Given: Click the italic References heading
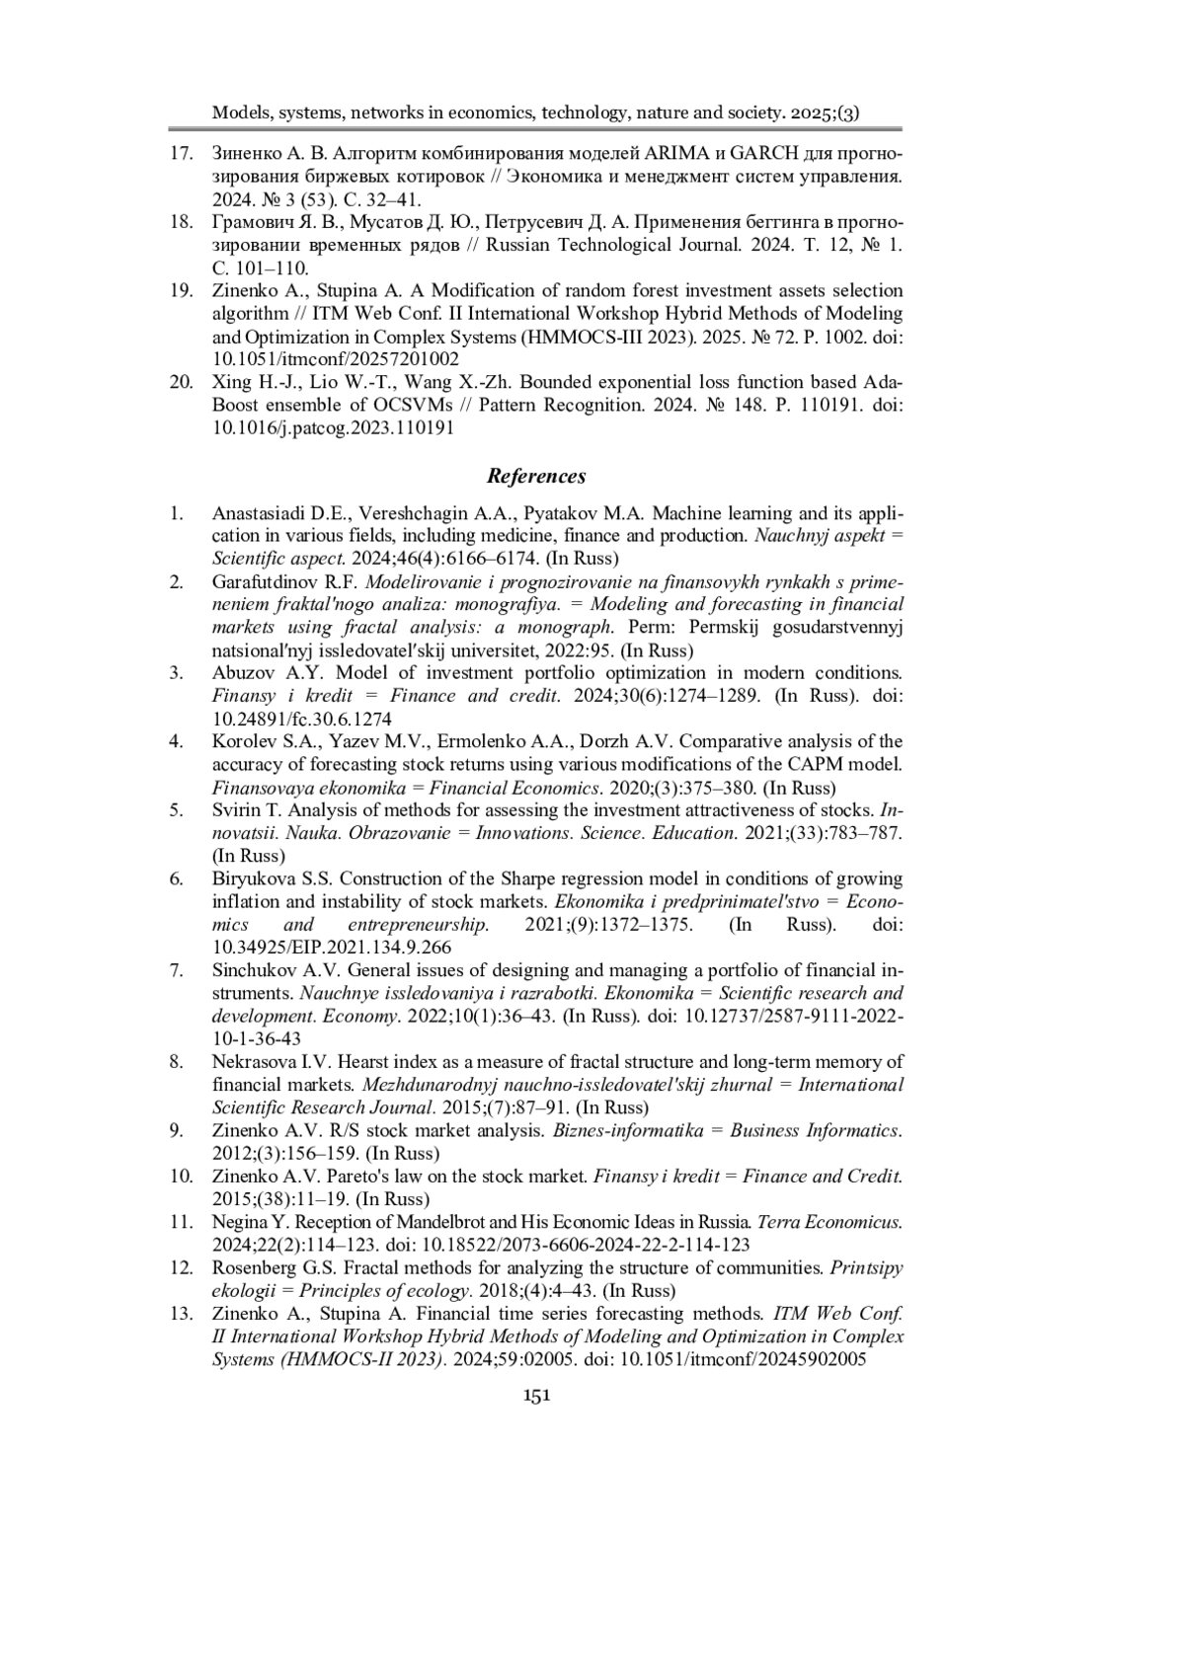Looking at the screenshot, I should pyautogui.click(x=536, y=476).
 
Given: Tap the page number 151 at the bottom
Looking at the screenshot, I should pyautogui.click(x=536, y=1395).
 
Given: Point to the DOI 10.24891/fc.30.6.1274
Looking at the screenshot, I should pyautogui.click(x=301, y=719).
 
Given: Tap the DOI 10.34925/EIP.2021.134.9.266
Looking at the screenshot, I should pyautogui.click(x=332, y=948).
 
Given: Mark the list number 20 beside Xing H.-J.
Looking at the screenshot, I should pyautogui.click(x=181, y=382).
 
